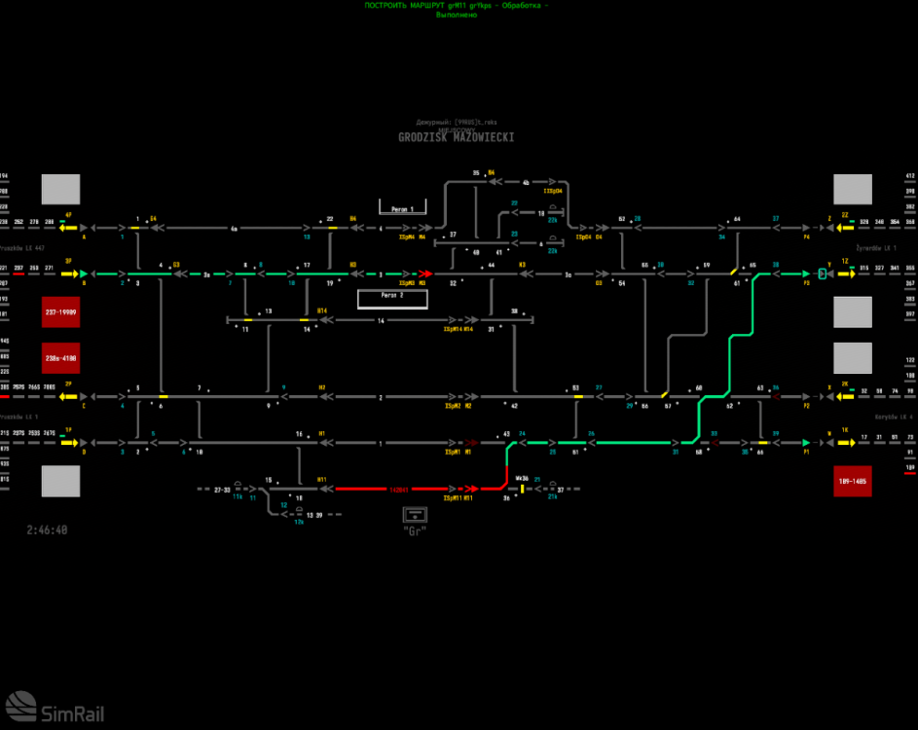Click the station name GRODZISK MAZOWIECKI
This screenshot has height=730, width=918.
pos(456,138)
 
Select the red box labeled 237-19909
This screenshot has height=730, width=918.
pos(60,312)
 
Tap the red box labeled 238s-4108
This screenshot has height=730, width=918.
pos(60,358)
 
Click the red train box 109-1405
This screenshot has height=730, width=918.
pos(852,481)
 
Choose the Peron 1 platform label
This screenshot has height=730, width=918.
pos(402,209)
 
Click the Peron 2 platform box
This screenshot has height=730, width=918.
pos(392,297)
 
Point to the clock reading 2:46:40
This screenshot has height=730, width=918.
pos(48,530)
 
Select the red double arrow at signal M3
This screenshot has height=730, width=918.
pos(424,274)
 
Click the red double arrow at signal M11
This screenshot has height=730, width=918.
pos(470,489)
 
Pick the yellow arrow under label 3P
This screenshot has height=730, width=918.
pos(68,274)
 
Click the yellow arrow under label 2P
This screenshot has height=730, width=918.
pos(68,397)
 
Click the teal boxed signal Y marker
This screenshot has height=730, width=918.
pos(824,274)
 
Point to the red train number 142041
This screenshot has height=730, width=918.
pos(398,489)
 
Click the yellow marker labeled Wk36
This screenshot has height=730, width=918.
pos(523,488)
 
